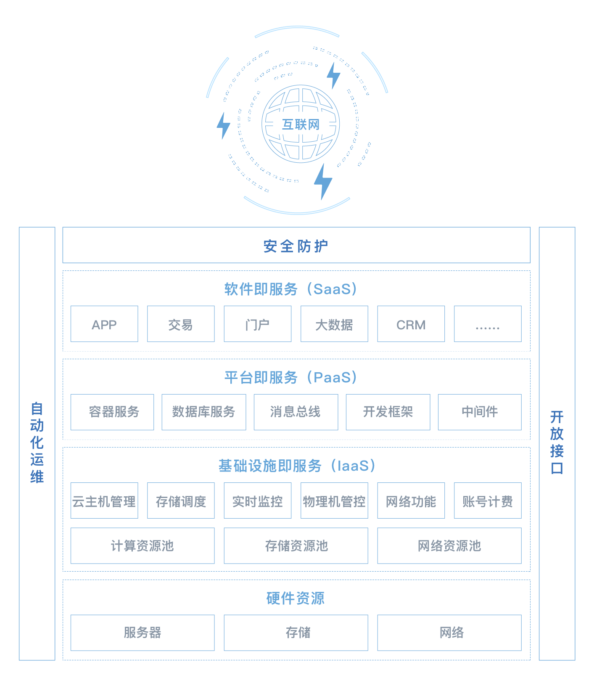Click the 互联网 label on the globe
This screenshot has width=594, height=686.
point(301,124)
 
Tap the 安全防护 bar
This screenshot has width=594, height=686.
point(296,246)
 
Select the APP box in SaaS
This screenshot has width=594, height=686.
point(104,324)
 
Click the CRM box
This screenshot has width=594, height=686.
point(411,324)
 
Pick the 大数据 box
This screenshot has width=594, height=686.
point(334,324)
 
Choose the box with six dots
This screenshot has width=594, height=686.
point(488,324)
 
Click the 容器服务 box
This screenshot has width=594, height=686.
point(113,412)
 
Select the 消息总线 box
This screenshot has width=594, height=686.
point(296,412)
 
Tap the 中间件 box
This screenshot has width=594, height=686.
point(480,412)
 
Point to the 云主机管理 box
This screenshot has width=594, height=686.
point(104,501)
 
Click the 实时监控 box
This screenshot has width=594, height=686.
point(257,501)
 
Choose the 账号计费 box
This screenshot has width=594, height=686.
point(488,501)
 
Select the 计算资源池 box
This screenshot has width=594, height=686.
point(143,546)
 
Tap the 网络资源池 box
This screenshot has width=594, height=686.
point(449,546)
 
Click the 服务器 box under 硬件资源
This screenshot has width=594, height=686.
point(143,633)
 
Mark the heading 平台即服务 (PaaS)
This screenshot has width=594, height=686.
point(291,377)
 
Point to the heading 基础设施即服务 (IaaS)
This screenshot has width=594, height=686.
point(297,466)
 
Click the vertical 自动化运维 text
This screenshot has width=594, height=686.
point(37,442)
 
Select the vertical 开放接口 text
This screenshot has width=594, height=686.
point(557,442)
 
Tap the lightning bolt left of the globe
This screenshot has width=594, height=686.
point(223,125)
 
